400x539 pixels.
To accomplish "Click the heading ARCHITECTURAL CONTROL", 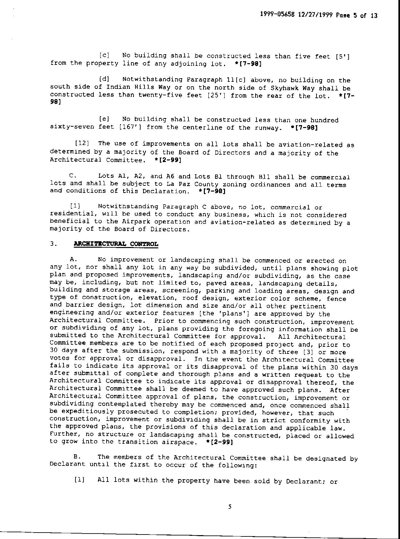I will (x=116, y=244).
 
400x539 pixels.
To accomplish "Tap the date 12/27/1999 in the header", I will (x=316, y=15).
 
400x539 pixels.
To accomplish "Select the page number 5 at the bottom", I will (x=230, y=507).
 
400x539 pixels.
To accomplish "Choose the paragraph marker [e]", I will (x=104, y=119).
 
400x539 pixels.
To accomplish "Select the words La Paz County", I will (x=192, y=184).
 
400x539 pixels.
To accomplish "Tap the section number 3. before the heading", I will (x=53, y=244).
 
